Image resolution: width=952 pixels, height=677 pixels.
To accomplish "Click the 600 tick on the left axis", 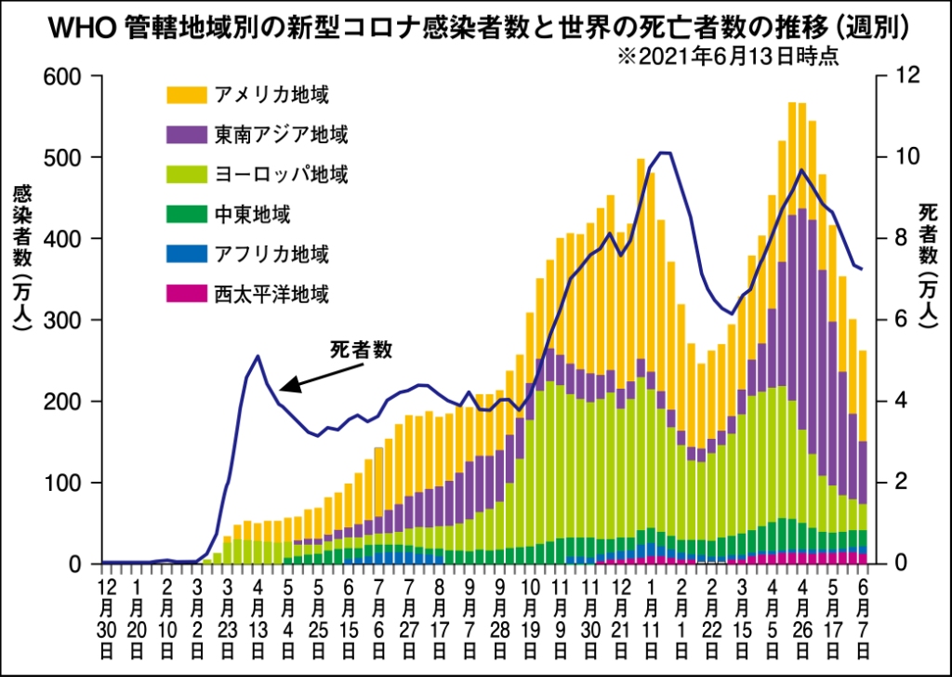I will pos(71,76).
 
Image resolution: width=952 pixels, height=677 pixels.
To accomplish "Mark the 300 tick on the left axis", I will pos(71,320).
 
